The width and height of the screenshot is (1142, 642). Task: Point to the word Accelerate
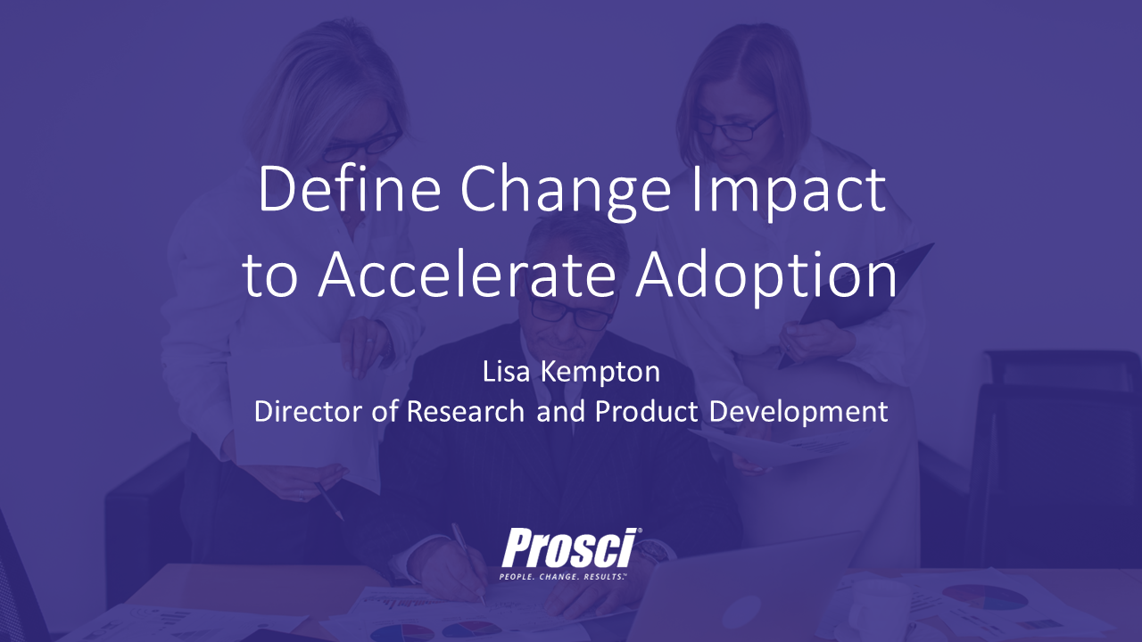(x=467, y=276)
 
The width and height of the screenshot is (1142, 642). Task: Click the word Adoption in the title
(x=766, y=279)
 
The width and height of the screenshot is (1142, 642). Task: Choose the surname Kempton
(x=600, y=374)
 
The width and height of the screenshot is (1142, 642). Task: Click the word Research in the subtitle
(x=466, y=411)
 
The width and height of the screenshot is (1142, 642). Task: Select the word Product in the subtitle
(x=647, y=411)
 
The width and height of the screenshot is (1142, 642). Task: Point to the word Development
(x=799, y=413)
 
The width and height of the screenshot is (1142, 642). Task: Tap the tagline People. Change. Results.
(x=563, y=577)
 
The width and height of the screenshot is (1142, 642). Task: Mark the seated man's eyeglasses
(x=571, y=312)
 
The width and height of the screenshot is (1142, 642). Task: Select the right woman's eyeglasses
(x=737, y=128)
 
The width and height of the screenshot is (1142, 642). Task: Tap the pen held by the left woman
(x=329, y=501)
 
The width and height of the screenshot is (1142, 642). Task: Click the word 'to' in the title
(x=269, y=279)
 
